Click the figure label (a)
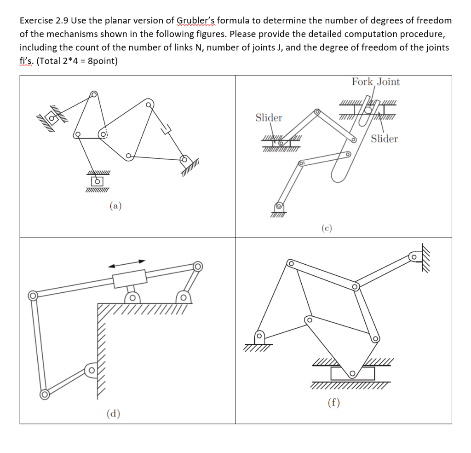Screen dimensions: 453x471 tap(115, 206)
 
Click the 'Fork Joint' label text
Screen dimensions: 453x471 tap(376, 82)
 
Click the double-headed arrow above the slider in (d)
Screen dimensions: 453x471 tap(126, 262)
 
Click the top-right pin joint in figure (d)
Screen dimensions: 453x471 tap(198, 266)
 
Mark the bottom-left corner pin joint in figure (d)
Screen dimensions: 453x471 tap(44, 395)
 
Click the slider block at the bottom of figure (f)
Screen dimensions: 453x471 tap(352, 373)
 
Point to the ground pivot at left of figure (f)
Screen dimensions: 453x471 tap(259, 337)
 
